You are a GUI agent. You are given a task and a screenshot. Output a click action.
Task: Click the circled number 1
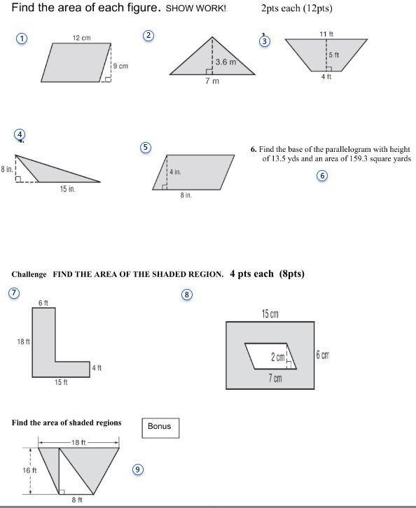pyautogui.click(x=22, y=38)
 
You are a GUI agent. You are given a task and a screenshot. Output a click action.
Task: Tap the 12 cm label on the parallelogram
pyautogui.click(x=82, y=38)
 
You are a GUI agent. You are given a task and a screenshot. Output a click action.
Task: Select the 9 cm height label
pyautogui.click(x=120, y=66)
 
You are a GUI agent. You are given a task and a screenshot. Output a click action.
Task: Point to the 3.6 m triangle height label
pyautogui.click(x=226, y=62)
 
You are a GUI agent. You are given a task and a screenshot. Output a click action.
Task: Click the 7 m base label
pyautogui.click(x=212, y=81)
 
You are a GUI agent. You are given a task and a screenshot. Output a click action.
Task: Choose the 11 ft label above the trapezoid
pyautogui.click(x=326, y=34)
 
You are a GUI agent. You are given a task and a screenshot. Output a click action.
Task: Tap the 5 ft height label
pyautogui.click(x=334, y=55)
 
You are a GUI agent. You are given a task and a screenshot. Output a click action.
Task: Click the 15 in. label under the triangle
pyautogui.click(x=67, y=189)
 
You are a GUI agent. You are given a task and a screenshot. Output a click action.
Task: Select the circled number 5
pyautogui.click(x=146, y=148)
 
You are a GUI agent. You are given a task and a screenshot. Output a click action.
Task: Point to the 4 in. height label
pyautogui.click(x=175, y=172)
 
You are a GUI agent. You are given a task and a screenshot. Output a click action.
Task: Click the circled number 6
pyautogui.click(x=322, y=176)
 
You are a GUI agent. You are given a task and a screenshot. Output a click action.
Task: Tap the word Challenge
pyautogui.click(x=29, y=274)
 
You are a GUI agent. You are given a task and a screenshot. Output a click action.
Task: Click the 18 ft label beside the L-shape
pyautogui.click(x=23, y=341)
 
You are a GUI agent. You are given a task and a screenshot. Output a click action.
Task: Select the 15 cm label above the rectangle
pyautogui.click(x=270, y=314)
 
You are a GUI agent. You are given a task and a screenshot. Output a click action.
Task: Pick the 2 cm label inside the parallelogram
pyautogui.click(x=278, y=358)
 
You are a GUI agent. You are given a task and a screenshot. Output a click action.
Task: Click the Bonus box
pyautogui.click(x=160, y=428)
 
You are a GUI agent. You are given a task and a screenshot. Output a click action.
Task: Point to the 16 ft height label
pyautogui.click(x=29, y=470)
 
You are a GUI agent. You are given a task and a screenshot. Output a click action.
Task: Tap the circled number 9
pyautogui.click(x=138, y=469)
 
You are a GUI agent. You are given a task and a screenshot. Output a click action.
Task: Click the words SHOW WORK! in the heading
pyautogui.click(x=196, y=8)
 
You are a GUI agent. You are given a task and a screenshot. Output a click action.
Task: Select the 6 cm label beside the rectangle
pyautogui.click(x=323, y=355)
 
